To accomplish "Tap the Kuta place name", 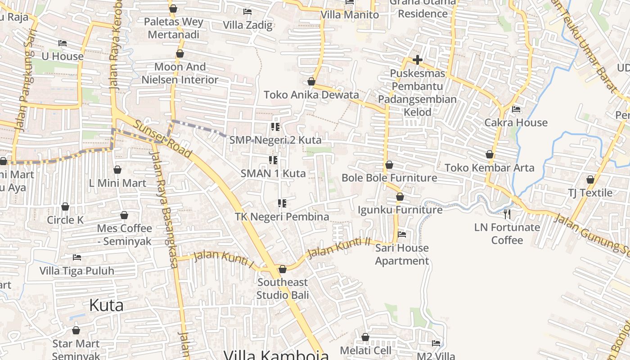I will point(106,305).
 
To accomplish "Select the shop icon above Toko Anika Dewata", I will point(311,81).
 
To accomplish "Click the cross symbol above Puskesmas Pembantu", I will point(417,59).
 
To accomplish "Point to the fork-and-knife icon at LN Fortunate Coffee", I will point(507,213).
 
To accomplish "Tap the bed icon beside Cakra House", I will point(516,109).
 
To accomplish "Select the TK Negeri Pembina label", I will point(282,216).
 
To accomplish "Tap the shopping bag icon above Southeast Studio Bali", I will point(283,269).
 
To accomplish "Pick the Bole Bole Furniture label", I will point(389,178).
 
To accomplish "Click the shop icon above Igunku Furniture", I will point(400,197).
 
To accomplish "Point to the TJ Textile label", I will point(590,193).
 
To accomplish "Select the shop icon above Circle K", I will point(65,207).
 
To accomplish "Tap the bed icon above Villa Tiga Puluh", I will point(77,257).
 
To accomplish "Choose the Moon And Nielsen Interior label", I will point(180,73).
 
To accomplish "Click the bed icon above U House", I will point(63,43).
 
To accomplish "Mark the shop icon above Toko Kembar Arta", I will point(490,154).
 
